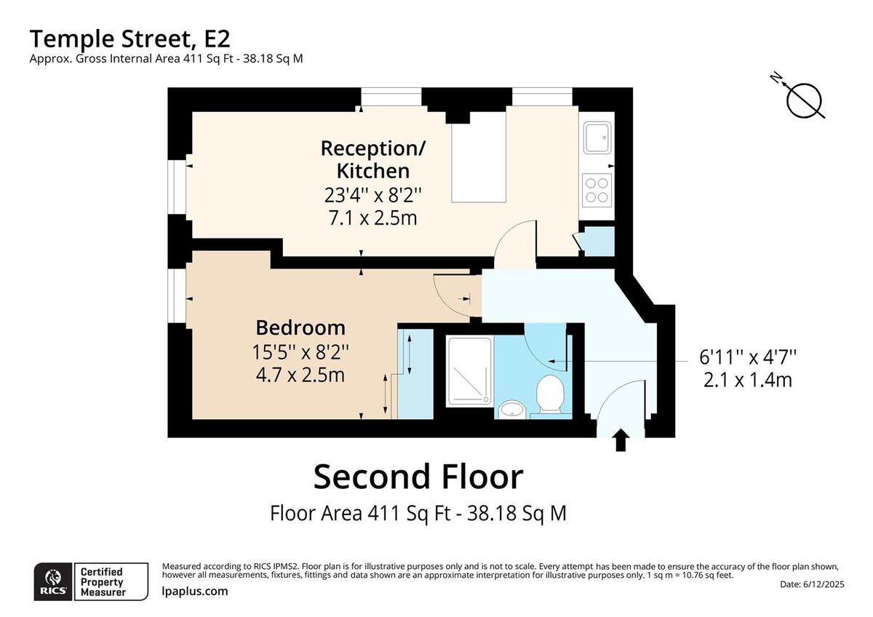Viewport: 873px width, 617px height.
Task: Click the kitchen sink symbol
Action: pos(597,138)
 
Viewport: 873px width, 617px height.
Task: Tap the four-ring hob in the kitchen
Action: pos(597,189)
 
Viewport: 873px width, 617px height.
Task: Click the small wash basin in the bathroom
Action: pos(513,409)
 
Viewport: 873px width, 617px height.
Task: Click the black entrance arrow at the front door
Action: pos(621,440)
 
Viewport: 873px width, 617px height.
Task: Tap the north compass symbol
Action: pos(804,100)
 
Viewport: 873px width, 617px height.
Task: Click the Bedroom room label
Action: pos(300,327)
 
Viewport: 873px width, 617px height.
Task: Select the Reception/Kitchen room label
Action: pos(373,159)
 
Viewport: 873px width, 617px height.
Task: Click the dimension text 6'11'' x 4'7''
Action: pos(748,357)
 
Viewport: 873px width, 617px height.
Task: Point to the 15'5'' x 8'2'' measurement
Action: pos(300,352)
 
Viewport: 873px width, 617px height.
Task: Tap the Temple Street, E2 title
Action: pos(131,38)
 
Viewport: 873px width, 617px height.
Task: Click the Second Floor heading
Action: pos(418,477)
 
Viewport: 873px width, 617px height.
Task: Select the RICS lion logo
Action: pos(53,581)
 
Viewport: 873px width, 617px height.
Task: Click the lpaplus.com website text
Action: pos(194,591)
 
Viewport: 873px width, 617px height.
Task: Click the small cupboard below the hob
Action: pos(598,242)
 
